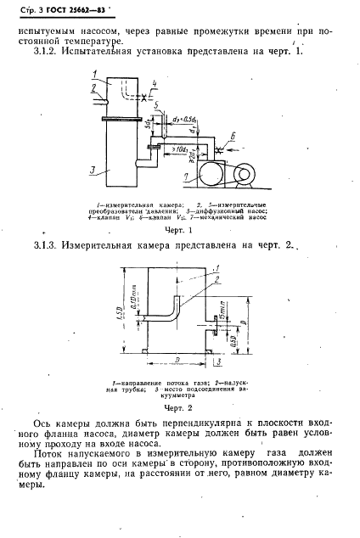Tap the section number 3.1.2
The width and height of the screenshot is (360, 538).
click(48, 53)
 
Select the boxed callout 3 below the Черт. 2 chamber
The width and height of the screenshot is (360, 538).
click(219, 363)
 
